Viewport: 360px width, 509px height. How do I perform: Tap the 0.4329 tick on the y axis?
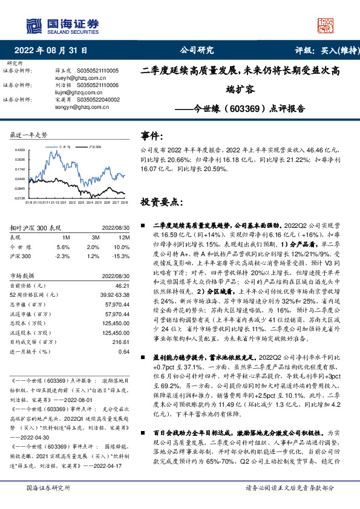pos(19,149)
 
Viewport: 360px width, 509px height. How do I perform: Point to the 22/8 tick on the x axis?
pos(123,203)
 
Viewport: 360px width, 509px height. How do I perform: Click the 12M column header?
pos(124,238)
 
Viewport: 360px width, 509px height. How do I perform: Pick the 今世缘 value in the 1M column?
pos(63,247)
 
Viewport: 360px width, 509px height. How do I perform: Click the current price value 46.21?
pos(123,285)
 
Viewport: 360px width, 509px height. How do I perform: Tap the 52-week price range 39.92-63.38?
pos(116,294)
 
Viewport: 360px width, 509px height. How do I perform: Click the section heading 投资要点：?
pos(161,201)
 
